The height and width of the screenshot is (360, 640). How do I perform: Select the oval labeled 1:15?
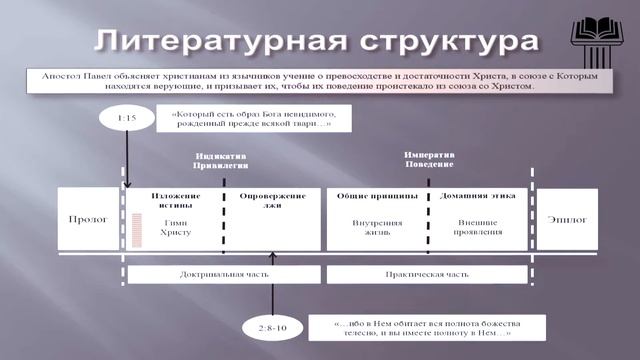click(127, 119)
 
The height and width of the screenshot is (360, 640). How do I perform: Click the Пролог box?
click(89, 219)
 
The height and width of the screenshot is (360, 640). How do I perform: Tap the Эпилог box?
click(568, 219)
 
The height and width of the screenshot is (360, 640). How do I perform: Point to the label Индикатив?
click(224, 158)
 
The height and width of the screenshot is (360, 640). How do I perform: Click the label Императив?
click(428, 156)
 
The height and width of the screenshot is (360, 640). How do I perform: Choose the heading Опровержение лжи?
click(271, 200)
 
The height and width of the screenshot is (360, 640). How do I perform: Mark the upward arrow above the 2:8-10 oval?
click(272, 285)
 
